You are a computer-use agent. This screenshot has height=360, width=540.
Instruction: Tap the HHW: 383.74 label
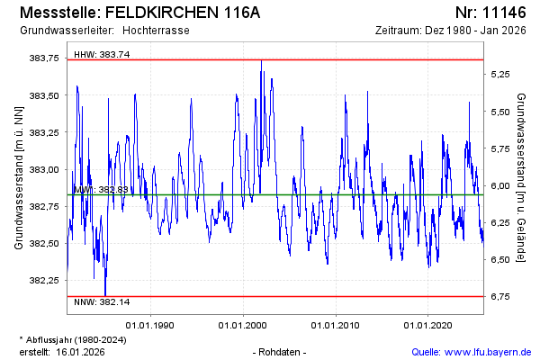point(102,54)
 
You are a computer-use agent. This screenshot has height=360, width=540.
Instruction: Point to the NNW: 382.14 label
point(102,301)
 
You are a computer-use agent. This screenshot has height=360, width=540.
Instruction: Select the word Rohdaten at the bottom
point(281,352)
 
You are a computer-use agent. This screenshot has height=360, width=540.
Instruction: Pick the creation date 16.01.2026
point(80,352)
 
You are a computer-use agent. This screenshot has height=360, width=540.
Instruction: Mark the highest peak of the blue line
point(261,60)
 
